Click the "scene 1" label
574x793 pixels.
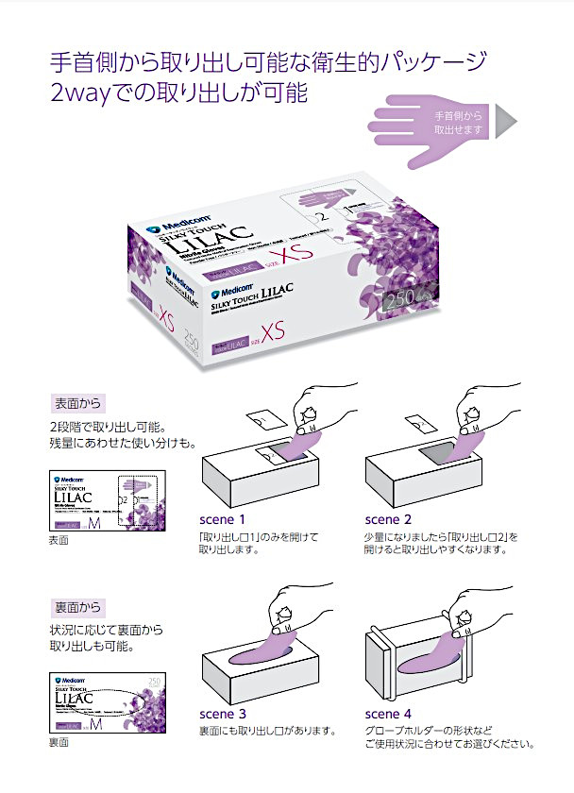click(223, 519)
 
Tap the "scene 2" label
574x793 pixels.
click(388, 519)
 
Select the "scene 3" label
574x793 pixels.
click(223, 714)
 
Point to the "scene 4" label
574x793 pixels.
click(388, 714)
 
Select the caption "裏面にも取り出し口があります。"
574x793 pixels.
click(267, 731)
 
